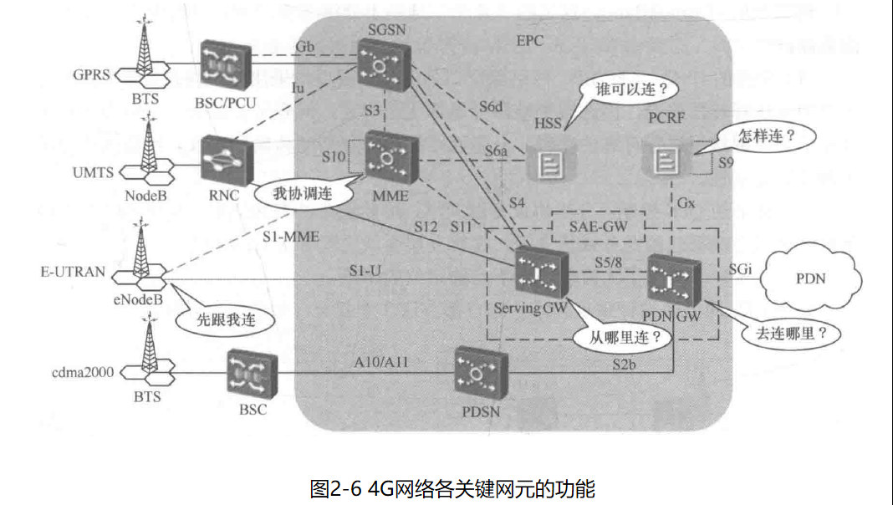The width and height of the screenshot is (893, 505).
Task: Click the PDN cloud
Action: click(x=809, y=278)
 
